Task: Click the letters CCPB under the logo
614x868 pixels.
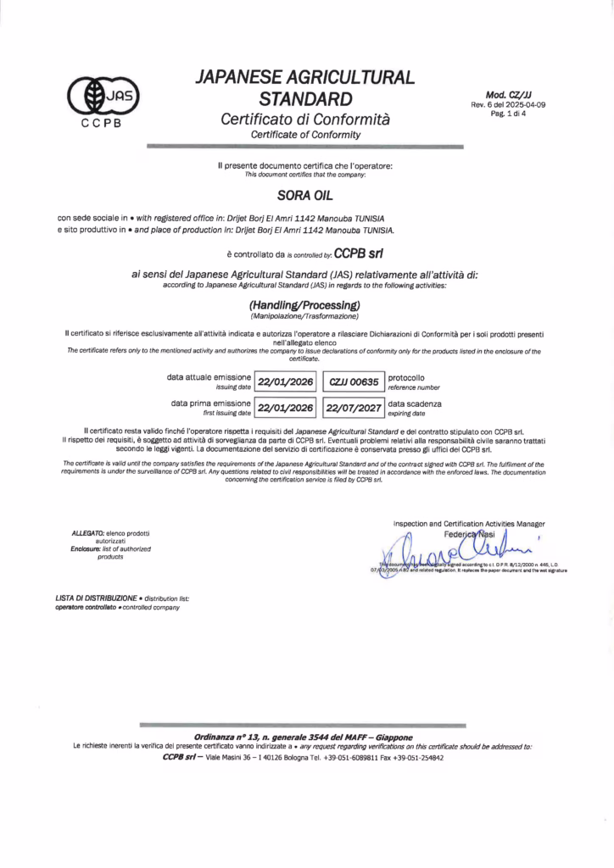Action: click(x=101, y=123)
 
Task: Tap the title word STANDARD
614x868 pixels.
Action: click(x=305, y=98)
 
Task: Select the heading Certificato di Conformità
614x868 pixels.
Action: click(x=305, y=120)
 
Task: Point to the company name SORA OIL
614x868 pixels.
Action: click(x=305, y=194)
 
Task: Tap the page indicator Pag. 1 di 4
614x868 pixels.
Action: click(x=509, y=114)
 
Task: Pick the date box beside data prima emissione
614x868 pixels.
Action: click(x=286, y=408)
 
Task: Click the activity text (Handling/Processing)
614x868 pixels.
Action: click(x=305, y=304)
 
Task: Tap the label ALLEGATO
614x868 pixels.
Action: click(x=87, y=533)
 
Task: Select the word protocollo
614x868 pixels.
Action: click(x=406, y=376)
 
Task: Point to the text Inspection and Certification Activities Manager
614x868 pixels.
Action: click(x=469, y=524)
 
